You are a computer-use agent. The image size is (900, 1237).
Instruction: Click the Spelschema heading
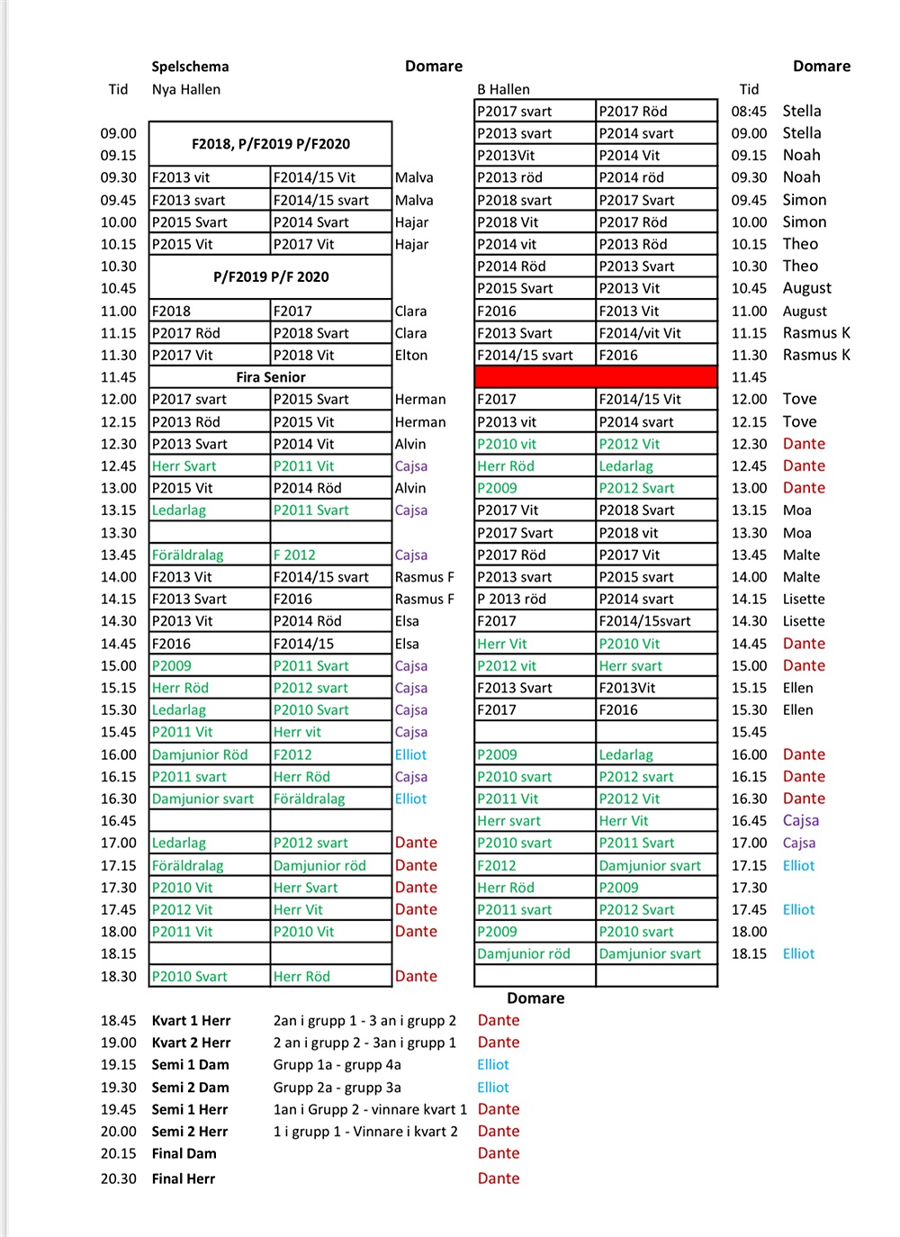pyautogui.click(x=190, y=67)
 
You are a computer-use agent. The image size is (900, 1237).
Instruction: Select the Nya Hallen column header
pyautogui.click(x=185, y=89)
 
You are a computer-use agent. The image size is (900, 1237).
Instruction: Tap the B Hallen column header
pyautogui.click(x=503, y=89)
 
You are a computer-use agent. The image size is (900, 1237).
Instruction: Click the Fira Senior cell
pyautogui.click(x=271, y=377)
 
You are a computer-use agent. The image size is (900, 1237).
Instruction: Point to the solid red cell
pyautogui.click(x=596, y=377)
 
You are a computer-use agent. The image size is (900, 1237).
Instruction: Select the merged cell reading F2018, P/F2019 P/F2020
pyautogui.click(x=271, y=144)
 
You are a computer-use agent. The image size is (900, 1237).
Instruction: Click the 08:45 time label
pyautogui.click(x=749, y=112)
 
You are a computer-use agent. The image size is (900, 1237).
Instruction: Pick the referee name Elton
pyautogui.click(x=411, y=356)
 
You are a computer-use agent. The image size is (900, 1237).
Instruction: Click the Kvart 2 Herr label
pyautogui.click(x=191, y=1043)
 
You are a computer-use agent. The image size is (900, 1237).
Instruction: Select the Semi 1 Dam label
pyautogui.click(x=190, y=1065)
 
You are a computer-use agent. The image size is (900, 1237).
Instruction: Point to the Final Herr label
pyautogui.click(x=184, y=1178)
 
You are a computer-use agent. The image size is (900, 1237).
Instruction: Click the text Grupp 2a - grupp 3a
pyautogui.click(x=337, y=1088)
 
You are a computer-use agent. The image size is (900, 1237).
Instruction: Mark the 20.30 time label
pyautogui.click(x=119, y=1178)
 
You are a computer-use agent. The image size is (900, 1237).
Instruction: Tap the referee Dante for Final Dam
pyautogui.click(x=499, y=1153)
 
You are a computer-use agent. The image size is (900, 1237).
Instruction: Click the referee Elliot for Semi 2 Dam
pyautogui.click(x=493, y=1088)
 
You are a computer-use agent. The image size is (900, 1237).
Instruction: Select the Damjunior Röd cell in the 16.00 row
pyautogui.click(x=200, y=755)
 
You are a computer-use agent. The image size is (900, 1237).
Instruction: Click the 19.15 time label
pyautogui.click(x=119, y=1065)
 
